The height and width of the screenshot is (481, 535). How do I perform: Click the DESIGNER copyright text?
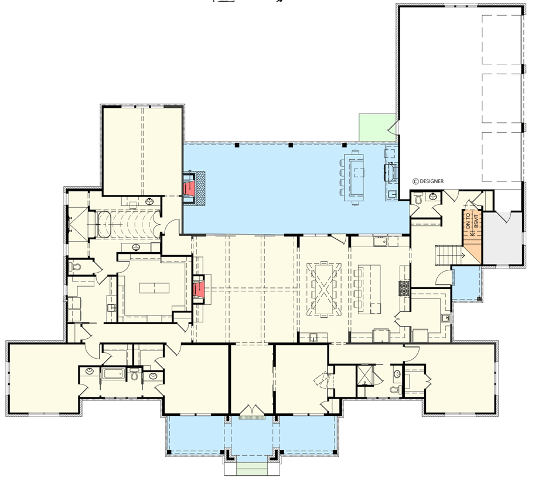pyautogui.click(x=428, y=181)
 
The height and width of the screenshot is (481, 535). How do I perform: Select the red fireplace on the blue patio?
pyautogui.click(x=191, y=188)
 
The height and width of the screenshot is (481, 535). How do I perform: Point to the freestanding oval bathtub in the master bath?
pyautogui.click(x=104, y=225)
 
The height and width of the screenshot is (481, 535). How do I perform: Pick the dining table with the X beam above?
pyautogui.click(x=324, y=288)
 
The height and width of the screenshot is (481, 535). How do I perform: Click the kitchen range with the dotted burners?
pyautogui.click(x=404, y=287)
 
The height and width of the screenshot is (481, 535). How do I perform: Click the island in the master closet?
pyautogui.click(x=154, y=288)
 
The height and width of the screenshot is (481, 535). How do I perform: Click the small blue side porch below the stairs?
pyautogui.click(x=466, y=283)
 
